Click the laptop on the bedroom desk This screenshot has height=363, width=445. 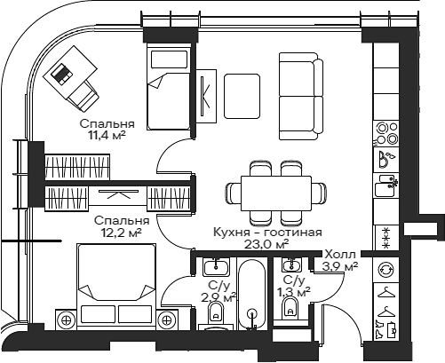click(62, 75)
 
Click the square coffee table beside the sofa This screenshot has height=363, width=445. click(242, 94)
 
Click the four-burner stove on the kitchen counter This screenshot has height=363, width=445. click(387, 132)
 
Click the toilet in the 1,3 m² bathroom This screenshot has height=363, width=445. click(290, 308)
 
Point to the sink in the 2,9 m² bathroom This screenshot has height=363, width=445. click(214, 267)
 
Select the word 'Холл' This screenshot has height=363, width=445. click(341, 253)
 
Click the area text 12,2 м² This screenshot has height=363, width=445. click(121, 233)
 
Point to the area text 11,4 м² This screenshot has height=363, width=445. click(107, 136)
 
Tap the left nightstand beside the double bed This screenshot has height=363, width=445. click(65, 318)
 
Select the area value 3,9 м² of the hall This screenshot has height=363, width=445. click(341, 265)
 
